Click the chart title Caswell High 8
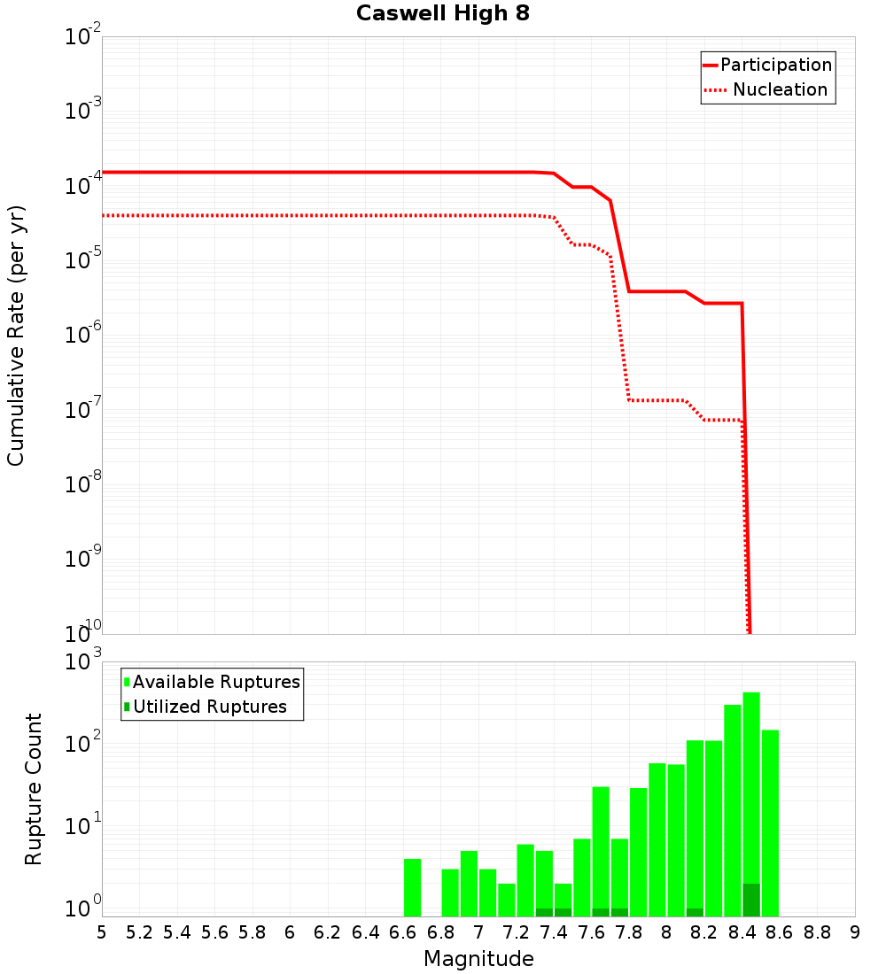[x=443, y=14]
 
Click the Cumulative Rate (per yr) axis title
[x=16, y=335]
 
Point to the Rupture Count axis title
[x=34, y=789]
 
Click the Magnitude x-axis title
[x=478, y=959]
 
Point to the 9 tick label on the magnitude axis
[x=855, y=932]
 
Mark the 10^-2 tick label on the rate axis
[x=83, y=37]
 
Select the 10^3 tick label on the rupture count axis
[x=83, y=662]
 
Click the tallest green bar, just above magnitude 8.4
[x=751, y=779]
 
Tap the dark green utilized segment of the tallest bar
[x=751, y=900]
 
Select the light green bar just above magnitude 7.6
[x=601, y=841]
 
